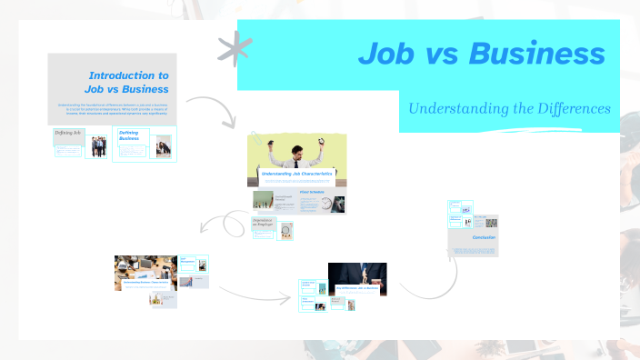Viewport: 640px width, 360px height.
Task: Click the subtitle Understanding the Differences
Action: tap(509, 109)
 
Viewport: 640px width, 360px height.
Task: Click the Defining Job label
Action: tap(68, 133)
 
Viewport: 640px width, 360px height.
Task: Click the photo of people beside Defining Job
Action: tap(97, 146)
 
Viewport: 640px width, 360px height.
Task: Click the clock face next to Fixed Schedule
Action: tap(327, 205)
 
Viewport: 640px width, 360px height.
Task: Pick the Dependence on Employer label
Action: tap(263, 222)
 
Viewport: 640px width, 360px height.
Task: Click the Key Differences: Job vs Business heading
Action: tap(358, 288)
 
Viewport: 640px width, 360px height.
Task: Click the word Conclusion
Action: tap(484, 237)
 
